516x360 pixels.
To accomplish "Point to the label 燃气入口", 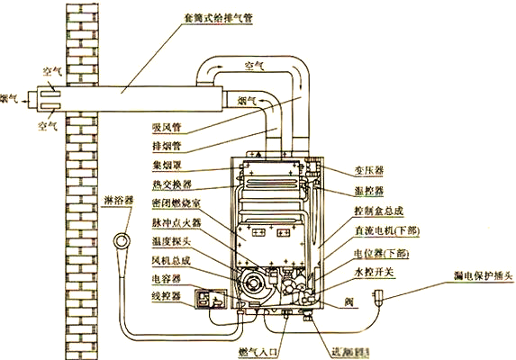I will point(258,348).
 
